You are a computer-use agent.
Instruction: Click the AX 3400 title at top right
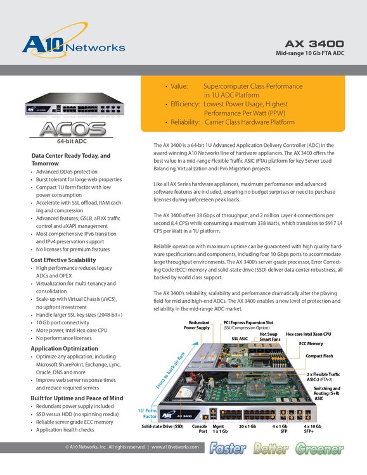(314, 44)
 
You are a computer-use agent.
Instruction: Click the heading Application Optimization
(68, 348)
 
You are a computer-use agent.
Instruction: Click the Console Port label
(202, 429)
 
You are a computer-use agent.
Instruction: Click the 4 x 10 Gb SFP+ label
(321, 429)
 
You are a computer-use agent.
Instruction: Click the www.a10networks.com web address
(175, 447)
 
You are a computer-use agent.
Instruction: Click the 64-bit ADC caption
(71, 143)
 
